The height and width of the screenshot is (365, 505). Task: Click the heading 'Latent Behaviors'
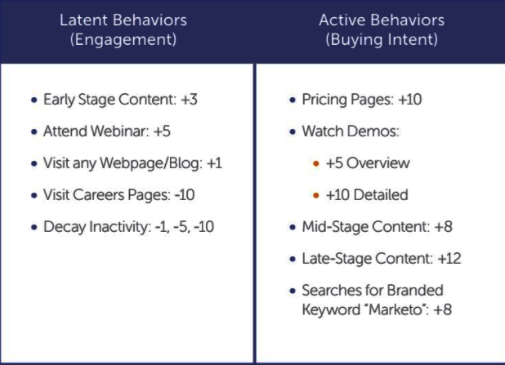123,20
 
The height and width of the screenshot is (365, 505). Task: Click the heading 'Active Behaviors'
382,20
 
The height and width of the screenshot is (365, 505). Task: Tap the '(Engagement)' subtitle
123,39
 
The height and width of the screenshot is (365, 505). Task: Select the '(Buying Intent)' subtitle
382,39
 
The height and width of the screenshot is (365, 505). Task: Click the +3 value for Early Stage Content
189,100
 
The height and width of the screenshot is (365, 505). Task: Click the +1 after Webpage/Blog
214,163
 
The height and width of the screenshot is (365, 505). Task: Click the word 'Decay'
64,227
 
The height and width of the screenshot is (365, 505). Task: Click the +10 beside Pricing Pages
410,100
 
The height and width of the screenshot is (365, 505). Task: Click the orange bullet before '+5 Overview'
316,164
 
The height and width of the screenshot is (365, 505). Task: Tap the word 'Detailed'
382,195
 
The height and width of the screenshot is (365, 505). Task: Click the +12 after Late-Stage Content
449,259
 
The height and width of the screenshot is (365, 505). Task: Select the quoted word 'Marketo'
395,309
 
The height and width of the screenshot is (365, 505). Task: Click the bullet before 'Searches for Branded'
293,291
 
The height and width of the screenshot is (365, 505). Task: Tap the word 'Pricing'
324,100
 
